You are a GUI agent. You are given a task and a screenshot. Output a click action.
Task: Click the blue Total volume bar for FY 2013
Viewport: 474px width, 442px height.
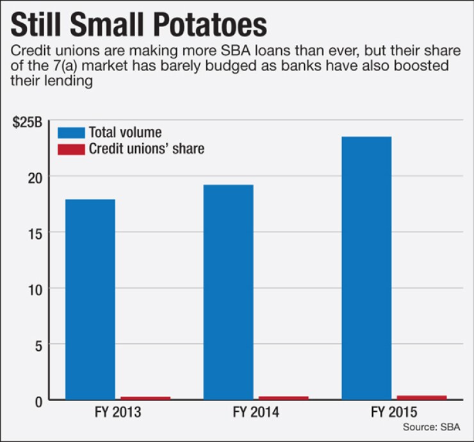pos(90,299)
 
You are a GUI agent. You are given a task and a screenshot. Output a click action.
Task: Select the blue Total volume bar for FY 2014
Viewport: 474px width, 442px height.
pos(228,292)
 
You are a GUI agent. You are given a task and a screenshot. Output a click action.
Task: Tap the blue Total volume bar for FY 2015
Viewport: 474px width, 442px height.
pos(366,268)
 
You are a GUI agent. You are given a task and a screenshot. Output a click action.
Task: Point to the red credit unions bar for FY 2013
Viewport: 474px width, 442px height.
pos(145,398)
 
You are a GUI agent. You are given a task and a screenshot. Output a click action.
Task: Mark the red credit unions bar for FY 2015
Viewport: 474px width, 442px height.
pos(421,397)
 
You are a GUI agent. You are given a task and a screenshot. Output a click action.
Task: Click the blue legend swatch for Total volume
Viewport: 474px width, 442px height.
pos(70,133)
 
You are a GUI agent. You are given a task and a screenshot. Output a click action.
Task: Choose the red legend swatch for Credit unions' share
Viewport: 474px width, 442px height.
pos(70,149)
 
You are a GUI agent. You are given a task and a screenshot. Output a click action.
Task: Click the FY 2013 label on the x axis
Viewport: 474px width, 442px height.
pos(118,412)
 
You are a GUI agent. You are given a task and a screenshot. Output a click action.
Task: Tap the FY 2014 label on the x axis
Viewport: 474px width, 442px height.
pos(256,412)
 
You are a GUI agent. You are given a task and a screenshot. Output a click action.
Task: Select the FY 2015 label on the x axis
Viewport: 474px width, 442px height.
pos(394,412)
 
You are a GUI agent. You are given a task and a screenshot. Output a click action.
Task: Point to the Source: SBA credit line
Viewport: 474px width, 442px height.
pos(432,427)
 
